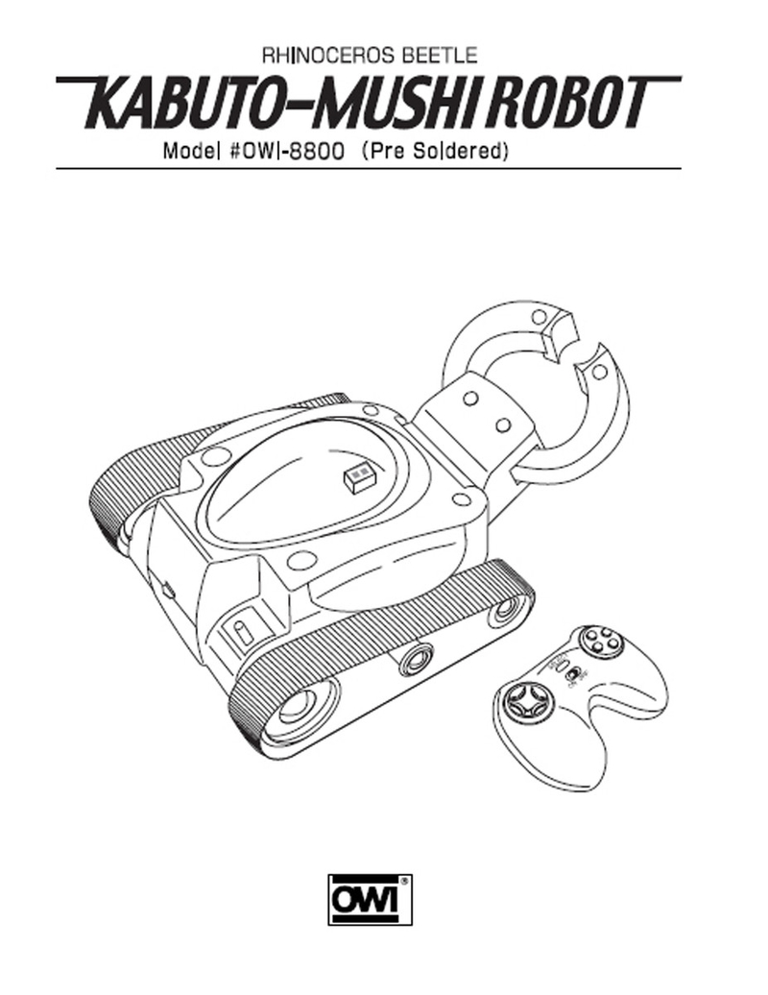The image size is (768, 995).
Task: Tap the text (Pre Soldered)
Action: [x=435, y=152]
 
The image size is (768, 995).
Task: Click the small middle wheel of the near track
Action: [x=416, y=660]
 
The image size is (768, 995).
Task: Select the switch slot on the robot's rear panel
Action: [x=241, y=634]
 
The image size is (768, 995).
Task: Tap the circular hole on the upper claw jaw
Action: [x=539, y=316]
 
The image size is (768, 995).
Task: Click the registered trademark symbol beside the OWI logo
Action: [x=404, y=880]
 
